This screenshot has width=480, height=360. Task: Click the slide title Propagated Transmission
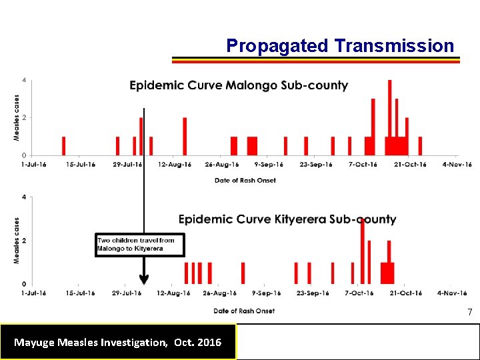(x=340, y=45)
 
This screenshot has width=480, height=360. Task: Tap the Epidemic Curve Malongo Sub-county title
(x=238, y=85)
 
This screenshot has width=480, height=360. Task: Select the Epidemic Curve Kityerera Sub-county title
(x=287, y=219)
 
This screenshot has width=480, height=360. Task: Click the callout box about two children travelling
(x=139, y=245)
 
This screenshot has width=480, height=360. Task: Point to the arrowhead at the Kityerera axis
(x=143, y=279)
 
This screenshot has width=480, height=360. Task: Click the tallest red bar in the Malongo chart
(x=389, y=113)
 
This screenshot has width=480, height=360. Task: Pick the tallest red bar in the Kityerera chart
(x=362, y=250)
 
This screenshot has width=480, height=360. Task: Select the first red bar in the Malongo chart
(x=64, y=146)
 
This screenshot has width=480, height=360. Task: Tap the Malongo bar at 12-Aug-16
(x=185, y=136)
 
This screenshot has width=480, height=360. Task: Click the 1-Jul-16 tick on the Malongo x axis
(x=33, y=165)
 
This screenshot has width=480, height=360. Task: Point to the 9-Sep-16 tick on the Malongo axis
(x=267, y=165)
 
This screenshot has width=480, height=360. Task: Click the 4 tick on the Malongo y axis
(x=25, y=81)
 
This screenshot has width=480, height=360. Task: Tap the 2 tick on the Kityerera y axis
(x=25, y=241)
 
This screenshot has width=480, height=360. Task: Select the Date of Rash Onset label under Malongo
(x=245, y=180)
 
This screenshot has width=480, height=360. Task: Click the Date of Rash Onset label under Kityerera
(x=244, y=311)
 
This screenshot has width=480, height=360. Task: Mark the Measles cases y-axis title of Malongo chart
(x=17, y=117)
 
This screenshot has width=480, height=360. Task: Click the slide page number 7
(x=469, y=313)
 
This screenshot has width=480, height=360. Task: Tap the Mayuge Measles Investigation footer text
(x=118, y=343)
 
